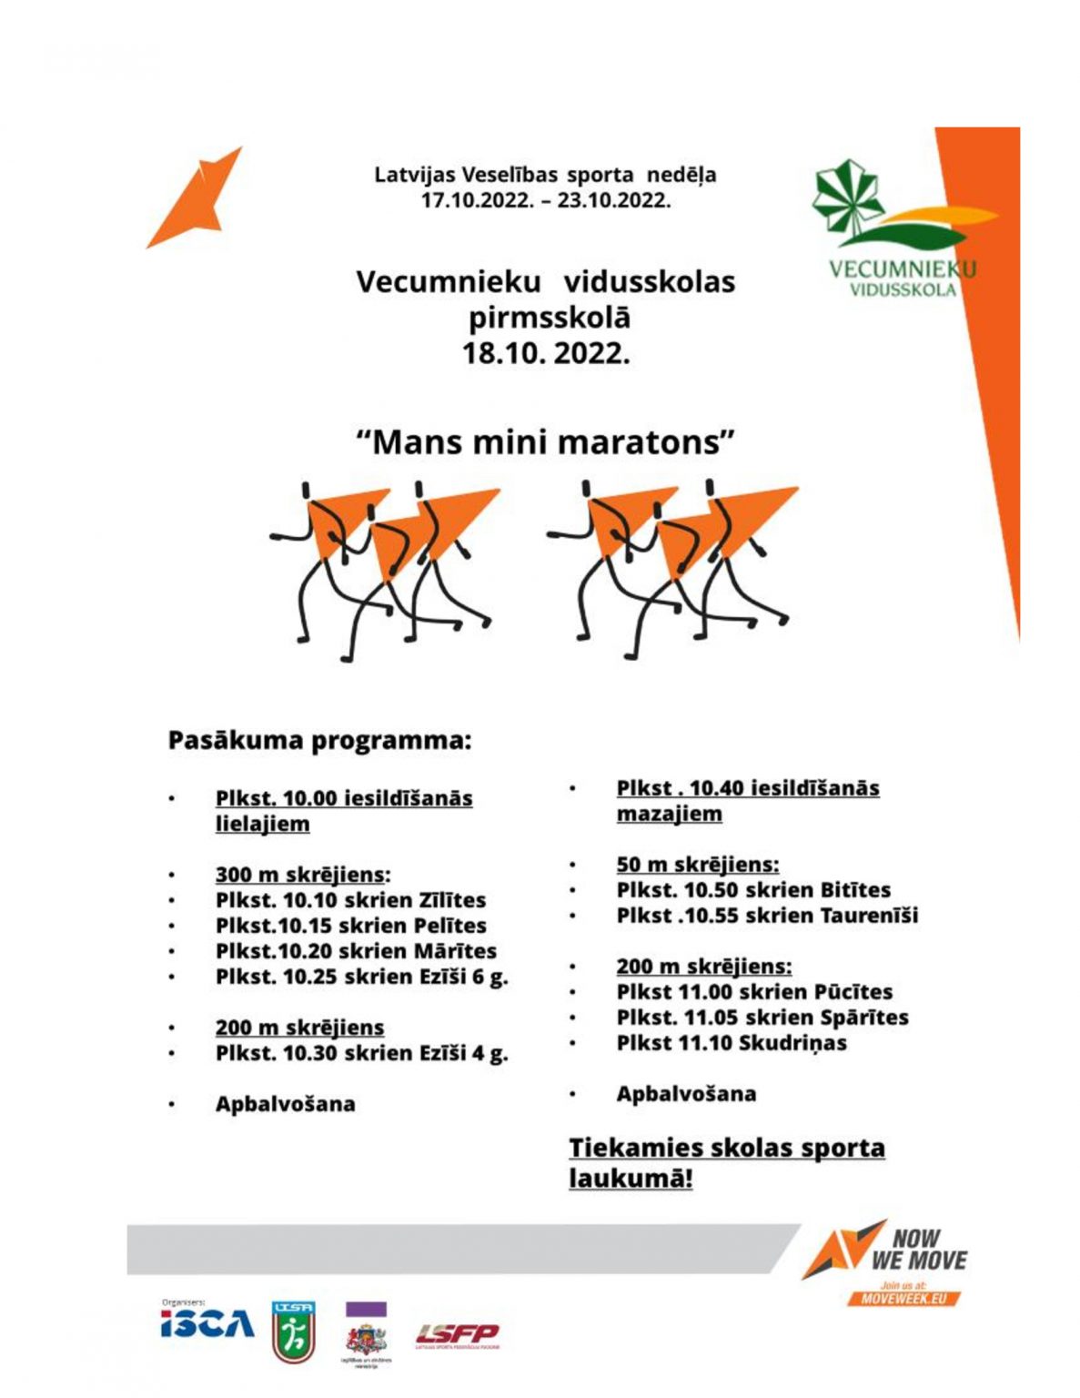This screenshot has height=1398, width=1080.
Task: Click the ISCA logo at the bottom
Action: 207,1323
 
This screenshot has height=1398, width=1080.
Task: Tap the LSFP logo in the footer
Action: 457,1335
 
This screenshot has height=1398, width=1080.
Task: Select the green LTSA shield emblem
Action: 293,1332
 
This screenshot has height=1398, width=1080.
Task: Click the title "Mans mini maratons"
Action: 545,443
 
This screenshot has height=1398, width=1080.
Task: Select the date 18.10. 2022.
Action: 546,353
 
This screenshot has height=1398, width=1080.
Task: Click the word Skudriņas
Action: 792,1043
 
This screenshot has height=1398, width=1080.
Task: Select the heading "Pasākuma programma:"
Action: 320,741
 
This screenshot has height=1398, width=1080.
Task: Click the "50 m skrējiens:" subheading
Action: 698,865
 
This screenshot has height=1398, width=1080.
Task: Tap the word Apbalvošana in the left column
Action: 286,1104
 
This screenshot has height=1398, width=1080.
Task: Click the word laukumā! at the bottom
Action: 631,1178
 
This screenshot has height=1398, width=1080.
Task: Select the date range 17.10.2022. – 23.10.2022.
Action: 545,200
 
